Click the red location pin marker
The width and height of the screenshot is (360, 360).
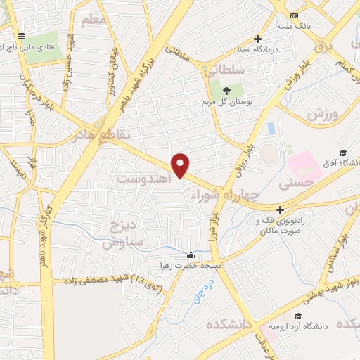pyautogui.click(x=181, y=165)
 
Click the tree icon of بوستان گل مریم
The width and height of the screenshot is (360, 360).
pyautogui.click(x=225, y=91)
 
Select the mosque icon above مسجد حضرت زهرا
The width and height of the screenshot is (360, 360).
pyautogui.click(x=191, y=255)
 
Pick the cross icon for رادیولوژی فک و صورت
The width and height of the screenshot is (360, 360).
pyautogui.click(x=280, y=210)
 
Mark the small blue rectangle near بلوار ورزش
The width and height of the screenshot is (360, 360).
pyautogui.click(x=270, y=129)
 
